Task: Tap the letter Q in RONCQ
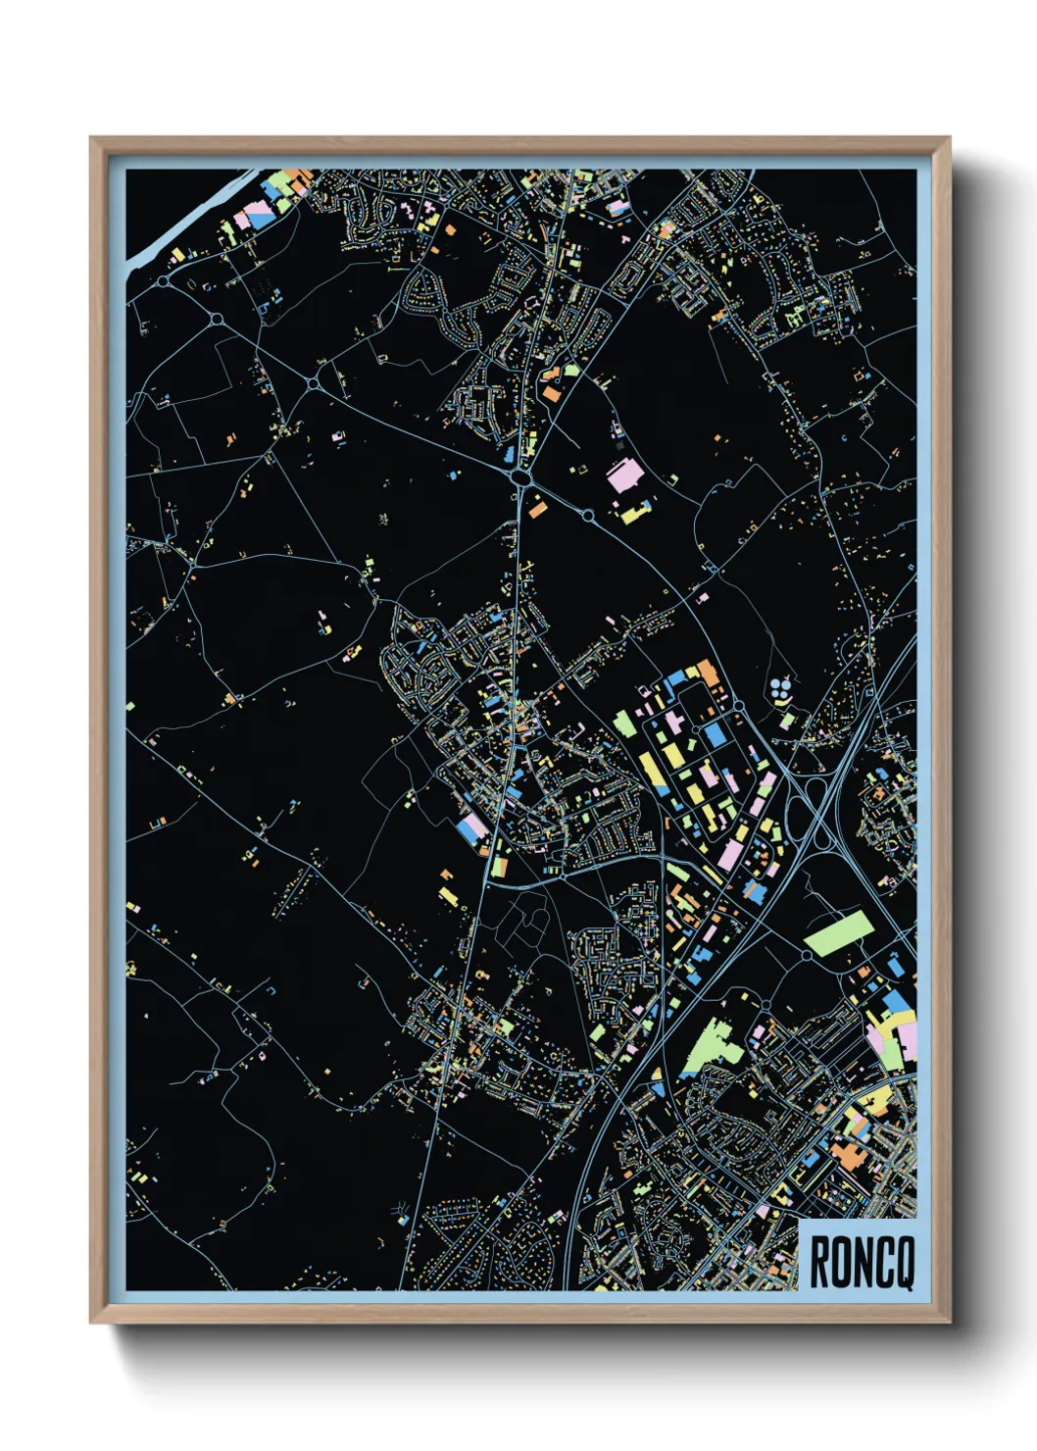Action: pos(904,1263)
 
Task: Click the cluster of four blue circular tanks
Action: pos(780,689)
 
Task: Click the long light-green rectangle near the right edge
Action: pos(838,933)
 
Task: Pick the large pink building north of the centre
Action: pos(623,477)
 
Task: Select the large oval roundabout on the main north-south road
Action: pos(520,477)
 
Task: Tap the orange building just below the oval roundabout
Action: pos(536,508)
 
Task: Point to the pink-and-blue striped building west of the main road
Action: pos(471,829)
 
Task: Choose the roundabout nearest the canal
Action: pos(161,281)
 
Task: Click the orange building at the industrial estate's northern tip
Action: pos(707,673)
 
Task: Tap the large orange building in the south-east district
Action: pos(845,1154)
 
